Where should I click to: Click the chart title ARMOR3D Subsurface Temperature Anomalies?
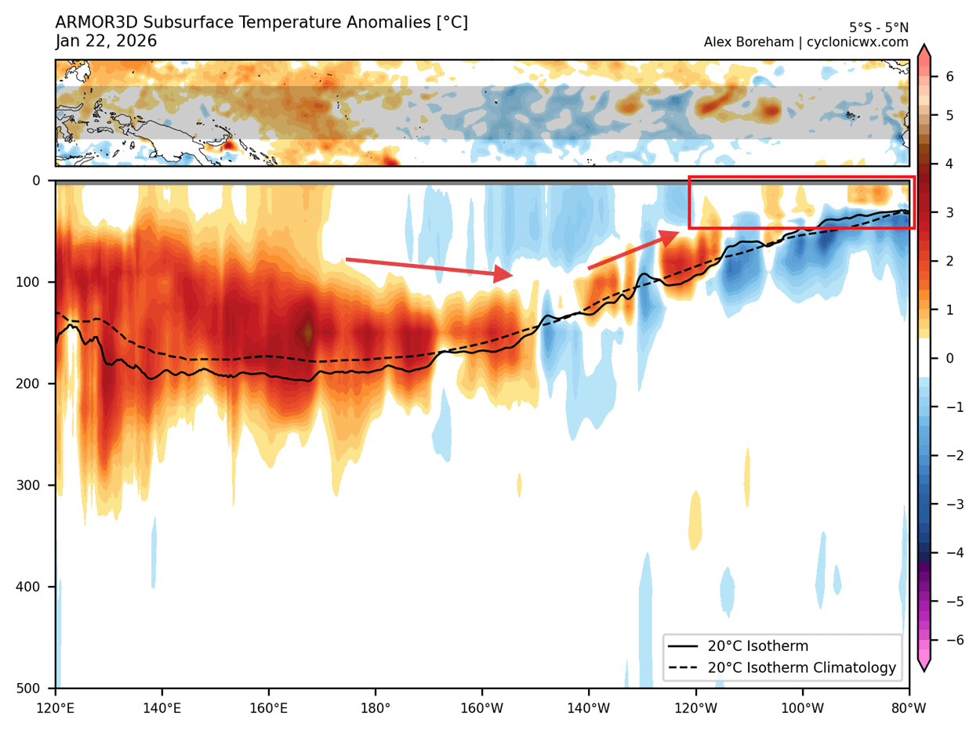[x=261, y=23]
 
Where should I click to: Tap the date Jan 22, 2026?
[x=106, y=41]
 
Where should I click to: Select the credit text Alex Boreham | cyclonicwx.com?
[x=806, y=42]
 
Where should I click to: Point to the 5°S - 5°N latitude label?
[x=878, y=27]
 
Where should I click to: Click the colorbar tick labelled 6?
[x=949, y=76]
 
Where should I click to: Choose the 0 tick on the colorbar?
[x=949, y=358]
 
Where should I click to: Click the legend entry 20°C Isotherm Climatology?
[x=801, y=668]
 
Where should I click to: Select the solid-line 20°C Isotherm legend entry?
[x=757, y=646]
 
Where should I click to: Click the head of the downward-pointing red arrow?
[x=506, y=274]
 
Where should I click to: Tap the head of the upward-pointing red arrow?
[x=671, y=234]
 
